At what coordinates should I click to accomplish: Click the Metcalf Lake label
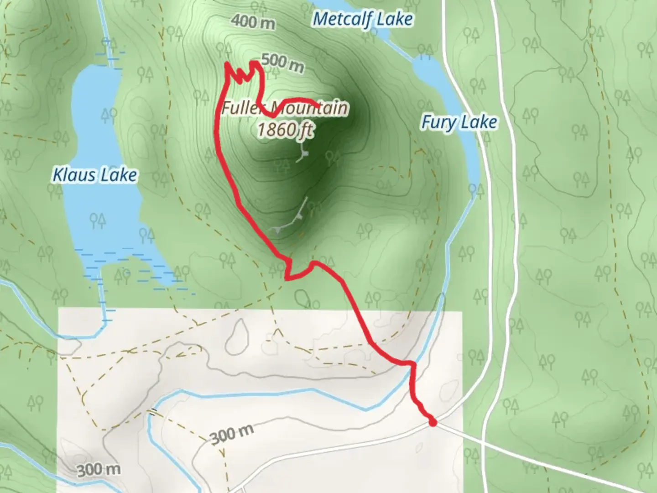coord(363,20)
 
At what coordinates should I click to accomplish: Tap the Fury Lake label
coord(459,122)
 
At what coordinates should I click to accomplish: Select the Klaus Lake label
coord(95,175)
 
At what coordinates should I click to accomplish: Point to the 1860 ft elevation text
coord(285,130)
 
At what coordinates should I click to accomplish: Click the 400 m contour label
coord(253,21)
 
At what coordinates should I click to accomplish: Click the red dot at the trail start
coord(433,423)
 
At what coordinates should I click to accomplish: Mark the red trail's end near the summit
coord(318,106)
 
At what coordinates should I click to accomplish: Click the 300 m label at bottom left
coord(99,469)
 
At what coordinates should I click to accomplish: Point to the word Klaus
coord(75,175)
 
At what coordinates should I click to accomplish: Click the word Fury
coord(439,122)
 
